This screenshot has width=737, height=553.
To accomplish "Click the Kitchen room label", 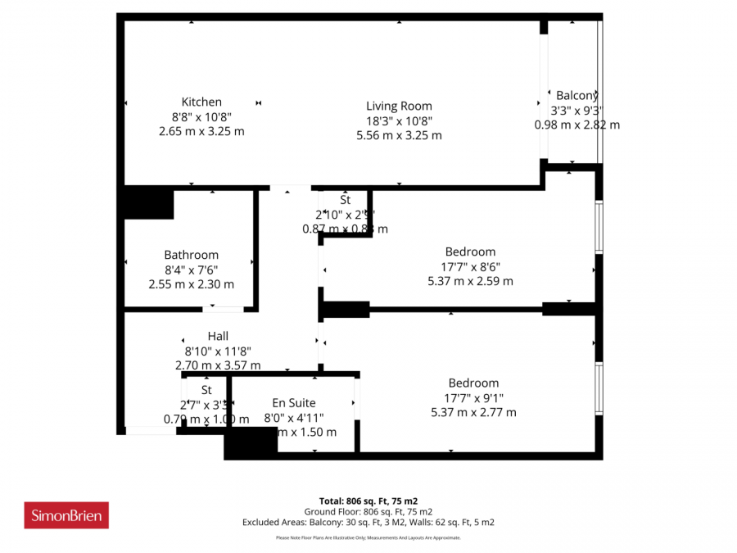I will tap(201, 102).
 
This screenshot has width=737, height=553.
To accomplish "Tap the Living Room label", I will tap(399, 106).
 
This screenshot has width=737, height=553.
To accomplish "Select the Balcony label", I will tap(577, 96).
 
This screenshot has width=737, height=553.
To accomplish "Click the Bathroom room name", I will tap(191, 255).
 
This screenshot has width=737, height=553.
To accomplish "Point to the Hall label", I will tap(218, 336).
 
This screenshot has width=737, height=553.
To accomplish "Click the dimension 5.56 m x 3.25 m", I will tap(399, 135).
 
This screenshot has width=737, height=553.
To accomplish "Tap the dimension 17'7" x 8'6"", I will tap(470, 266).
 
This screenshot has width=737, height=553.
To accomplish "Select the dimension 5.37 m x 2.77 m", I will tap(473, 412).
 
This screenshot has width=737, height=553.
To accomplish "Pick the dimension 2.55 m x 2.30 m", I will tap(191, 284).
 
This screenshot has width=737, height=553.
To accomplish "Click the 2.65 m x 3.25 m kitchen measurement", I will tap(201, 131).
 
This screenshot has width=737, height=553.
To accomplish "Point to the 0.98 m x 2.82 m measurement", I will tap(576, 125).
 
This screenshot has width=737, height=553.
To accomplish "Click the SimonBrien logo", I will tap(66, 515).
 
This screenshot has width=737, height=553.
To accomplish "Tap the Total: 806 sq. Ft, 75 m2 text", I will tap(368, 501).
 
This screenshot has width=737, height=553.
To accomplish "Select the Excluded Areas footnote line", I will tap(368, 522).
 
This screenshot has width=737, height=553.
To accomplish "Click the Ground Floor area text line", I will tap(368, 511).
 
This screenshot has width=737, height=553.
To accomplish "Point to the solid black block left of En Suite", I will tap(251, 443).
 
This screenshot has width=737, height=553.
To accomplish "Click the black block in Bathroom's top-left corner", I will tap(148, 203).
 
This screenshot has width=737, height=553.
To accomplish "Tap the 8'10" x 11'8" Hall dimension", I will tap(218, 351).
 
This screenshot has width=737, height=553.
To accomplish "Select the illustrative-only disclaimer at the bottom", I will tap(368, 538).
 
